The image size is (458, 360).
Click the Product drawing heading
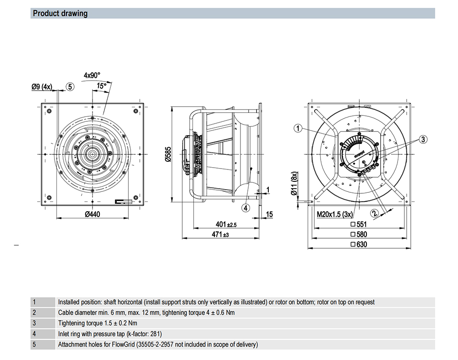(60, 13)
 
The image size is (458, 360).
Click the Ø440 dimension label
(93, 214)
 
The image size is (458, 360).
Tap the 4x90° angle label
(92, 75)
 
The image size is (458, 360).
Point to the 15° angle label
(101, 86)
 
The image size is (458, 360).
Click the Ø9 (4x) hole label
(42, 87)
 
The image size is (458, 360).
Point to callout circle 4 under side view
(246, 207)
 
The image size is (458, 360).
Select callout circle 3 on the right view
(423, 139)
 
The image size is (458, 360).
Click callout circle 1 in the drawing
(298, 129)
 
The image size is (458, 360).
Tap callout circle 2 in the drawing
(374, 213)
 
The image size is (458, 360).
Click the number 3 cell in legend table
(34, 323)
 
